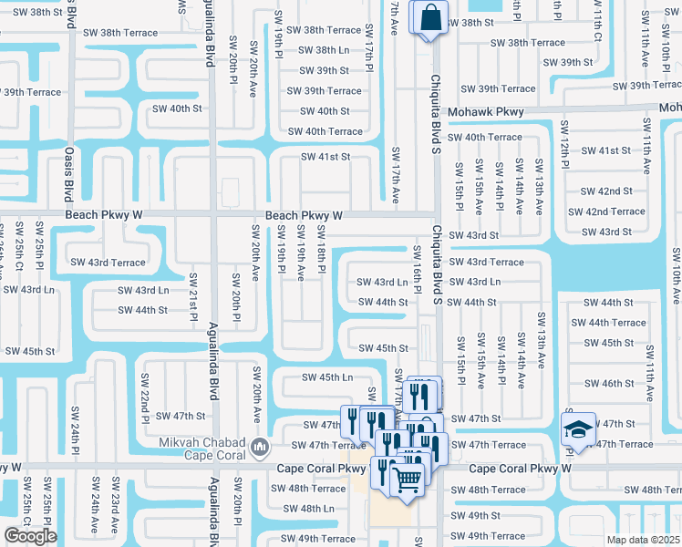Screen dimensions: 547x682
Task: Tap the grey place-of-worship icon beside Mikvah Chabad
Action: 260,447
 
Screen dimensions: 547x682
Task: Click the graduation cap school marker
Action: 578,429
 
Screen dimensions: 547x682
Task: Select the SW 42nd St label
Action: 606,191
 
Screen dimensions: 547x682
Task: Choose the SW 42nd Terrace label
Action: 606,212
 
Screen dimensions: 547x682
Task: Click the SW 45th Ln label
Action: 326,377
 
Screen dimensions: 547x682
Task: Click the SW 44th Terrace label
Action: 608,323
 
